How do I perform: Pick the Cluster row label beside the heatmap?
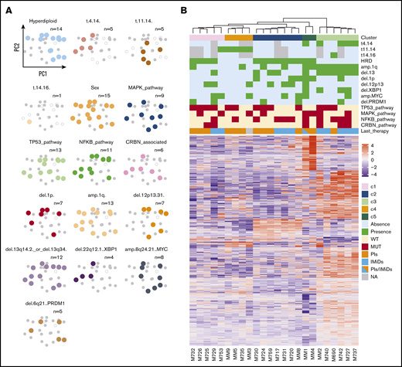pyautogui.click(x=370, y=36)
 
